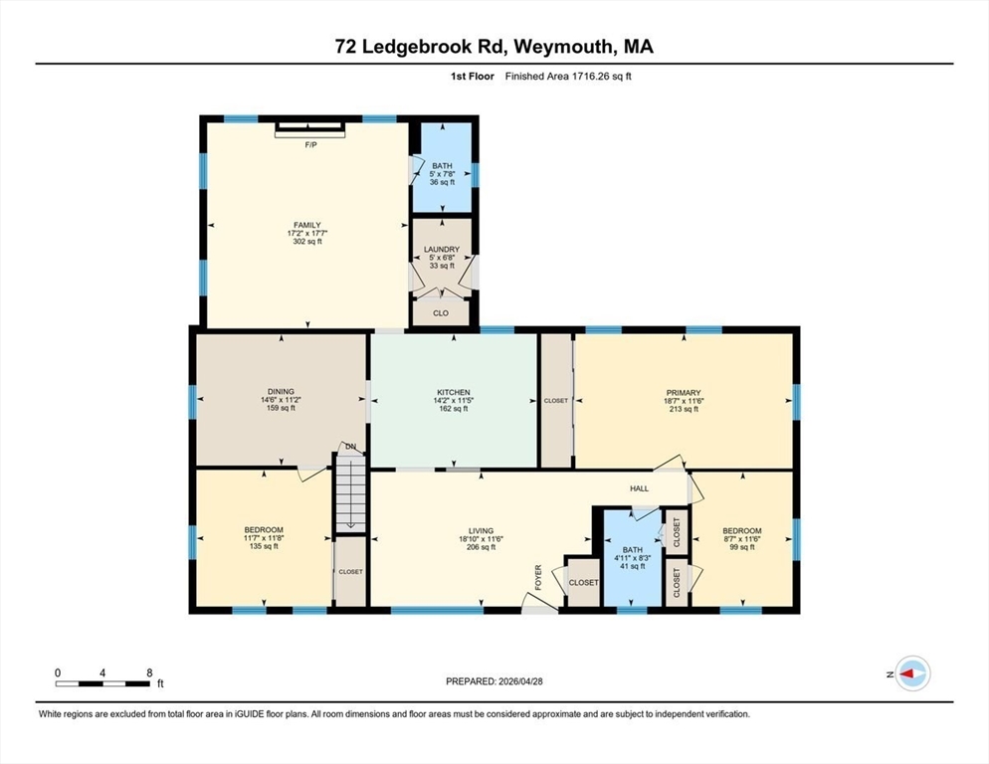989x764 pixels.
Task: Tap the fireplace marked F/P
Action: coord(310,129)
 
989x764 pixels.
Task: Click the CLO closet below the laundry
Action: coord(441,313)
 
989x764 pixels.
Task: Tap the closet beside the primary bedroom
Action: coord(556,401)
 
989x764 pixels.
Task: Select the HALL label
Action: coord(639,488)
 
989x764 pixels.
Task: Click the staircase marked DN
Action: coord(350,493)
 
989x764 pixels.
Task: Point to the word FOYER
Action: coord(538,577)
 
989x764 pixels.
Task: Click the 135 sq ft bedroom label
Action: coord(264,538)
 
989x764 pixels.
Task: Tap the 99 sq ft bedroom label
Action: coord(742,539)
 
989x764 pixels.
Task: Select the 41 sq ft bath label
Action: coord(633,558)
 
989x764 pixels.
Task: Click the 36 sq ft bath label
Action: coord(442,174)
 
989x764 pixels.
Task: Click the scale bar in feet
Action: coord(103,683)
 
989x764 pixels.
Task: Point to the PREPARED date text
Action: coord(494,681)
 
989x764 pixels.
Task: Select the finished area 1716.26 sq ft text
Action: coord(568,77)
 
